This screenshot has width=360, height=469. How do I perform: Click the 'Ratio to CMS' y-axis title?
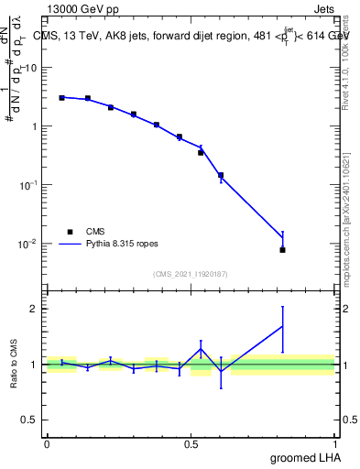[x=14, y=364]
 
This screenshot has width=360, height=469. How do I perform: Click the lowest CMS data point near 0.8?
[x=283, y=249]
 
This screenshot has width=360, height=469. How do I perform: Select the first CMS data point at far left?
[x=61, y=97]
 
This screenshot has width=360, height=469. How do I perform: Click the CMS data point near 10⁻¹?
[x=221, y=175]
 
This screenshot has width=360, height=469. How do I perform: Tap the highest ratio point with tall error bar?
[x=283, y=326]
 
